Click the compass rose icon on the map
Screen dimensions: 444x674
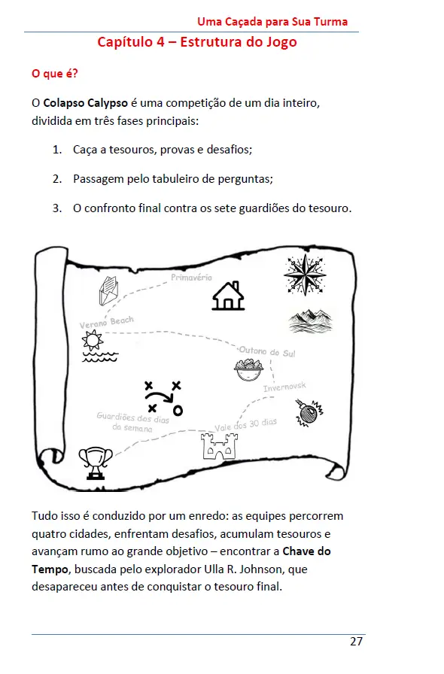(305, 275)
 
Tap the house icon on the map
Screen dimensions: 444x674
(228, 296)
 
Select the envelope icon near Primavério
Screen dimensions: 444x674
(110, 290)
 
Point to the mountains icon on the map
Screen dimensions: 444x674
(310, 321)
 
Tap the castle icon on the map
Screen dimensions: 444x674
(217, 446)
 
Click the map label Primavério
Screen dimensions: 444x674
(192, 278)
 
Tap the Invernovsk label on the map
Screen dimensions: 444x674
(284, 387)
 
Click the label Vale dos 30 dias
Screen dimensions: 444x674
(245, 425)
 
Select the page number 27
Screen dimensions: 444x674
(357, 642)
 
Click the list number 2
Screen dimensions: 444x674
(57, 179)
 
